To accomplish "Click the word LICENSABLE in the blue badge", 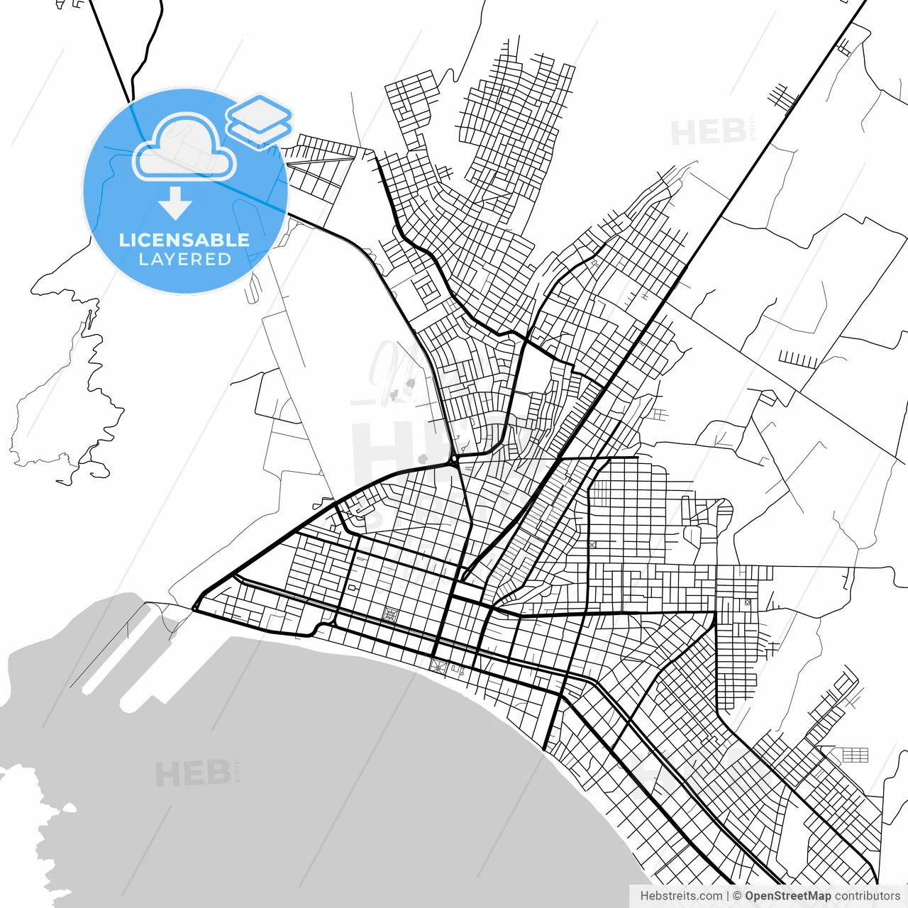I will click(184, 240).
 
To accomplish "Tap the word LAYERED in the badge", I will click(184, 260).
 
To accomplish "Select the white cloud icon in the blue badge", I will click(184, 148).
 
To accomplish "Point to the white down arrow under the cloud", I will click(175, 202).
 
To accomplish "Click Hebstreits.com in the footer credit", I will click(681, 896).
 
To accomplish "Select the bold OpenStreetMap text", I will click(787, 896).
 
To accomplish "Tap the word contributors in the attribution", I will click(867, 896).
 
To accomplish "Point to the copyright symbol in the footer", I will click(737, 896).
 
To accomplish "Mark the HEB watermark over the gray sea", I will click(193, 773).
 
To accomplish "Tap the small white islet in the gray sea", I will click(69, 808).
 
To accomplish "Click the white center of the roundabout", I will click(453, 463).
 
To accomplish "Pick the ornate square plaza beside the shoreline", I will click(437, 666).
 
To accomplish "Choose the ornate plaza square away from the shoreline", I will click(389, 615).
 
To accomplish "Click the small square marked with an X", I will click(592, 545).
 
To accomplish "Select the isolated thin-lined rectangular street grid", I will click(854, 754).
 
